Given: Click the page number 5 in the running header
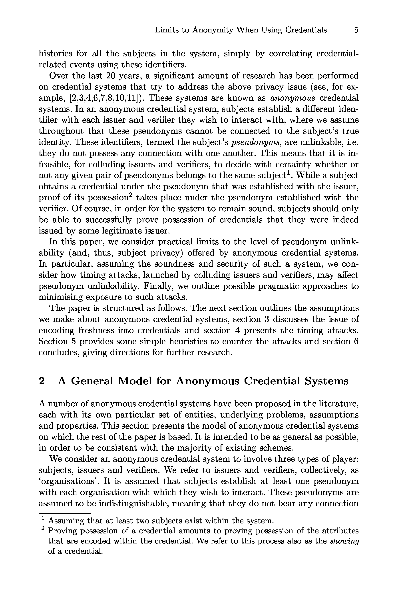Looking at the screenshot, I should (x=356, y=30).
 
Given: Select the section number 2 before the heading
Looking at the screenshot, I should (x=42, y=381).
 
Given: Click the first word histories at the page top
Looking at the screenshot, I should (x=55, y=54).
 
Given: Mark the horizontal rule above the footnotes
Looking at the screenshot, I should (x=65, y=513).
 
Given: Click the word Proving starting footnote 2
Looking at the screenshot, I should (x=63, y=531).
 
